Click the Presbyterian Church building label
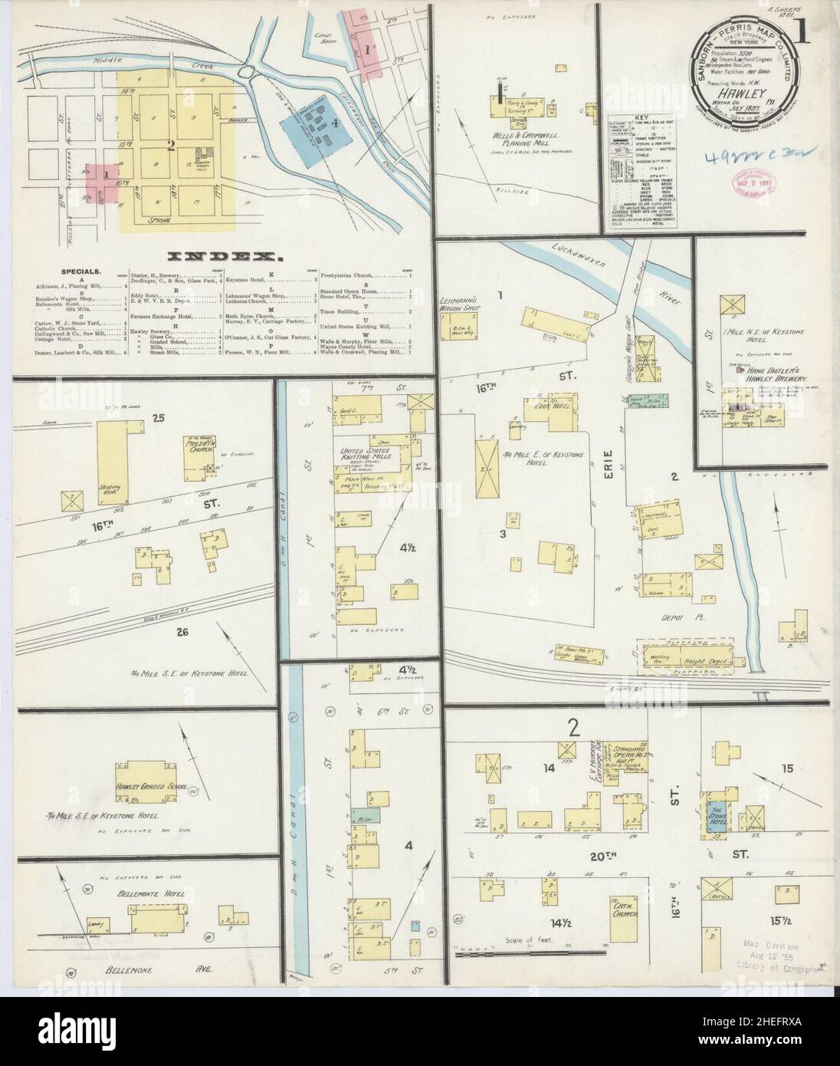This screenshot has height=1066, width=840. [x=199, y=447]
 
